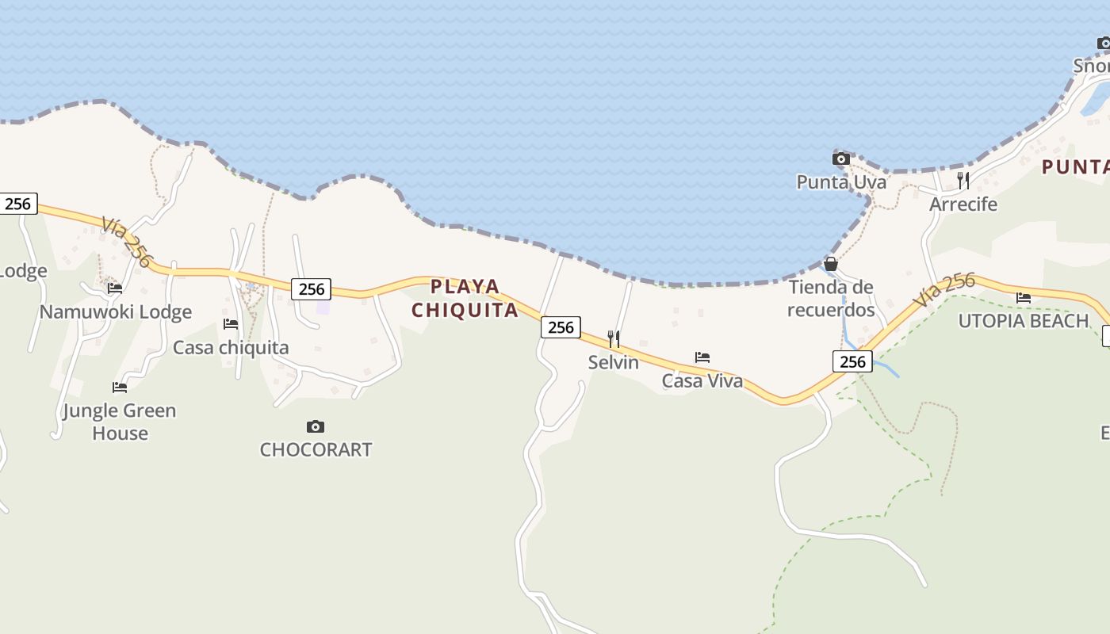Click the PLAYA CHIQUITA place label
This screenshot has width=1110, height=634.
(x=465, y=298)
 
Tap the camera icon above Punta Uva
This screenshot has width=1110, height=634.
(x=841, y=159)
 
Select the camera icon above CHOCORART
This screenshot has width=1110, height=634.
(x=316, y=427)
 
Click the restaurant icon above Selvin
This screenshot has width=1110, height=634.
(x=614, y=339)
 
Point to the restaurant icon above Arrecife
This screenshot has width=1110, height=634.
(x=963, y=181)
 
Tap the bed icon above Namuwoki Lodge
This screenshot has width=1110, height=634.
(x=115, y=288)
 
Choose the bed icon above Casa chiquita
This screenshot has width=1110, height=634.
(x=231, y=324)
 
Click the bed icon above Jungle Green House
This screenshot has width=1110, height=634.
(x=120, y=388)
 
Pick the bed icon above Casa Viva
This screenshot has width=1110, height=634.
(x=702, y=357)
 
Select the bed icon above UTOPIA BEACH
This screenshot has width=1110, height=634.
(x=1024, y=298)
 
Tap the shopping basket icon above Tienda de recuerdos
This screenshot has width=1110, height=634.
(x=831, y=264)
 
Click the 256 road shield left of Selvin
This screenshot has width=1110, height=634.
(x=561, y=327)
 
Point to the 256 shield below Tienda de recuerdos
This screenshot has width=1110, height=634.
(x=852, y=362)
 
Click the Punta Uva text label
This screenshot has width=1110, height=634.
(x=841, y=182)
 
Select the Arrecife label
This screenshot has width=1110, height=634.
(x=963, y=204)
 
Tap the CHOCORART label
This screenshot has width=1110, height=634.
(x=316, y=450)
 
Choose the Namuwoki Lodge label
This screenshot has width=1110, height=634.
(x=116, y=311)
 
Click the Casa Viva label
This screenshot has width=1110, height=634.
(x=702, y=381)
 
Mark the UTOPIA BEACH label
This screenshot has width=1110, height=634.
(x=1024, y=321)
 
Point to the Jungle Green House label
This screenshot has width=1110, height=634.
(x=120, y=422)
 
